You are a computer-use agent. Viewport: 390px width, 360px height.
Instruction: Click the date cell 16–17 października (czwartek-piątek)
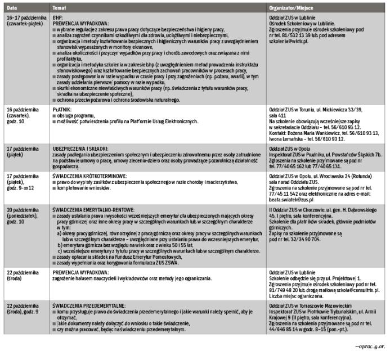coord(24,21)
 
